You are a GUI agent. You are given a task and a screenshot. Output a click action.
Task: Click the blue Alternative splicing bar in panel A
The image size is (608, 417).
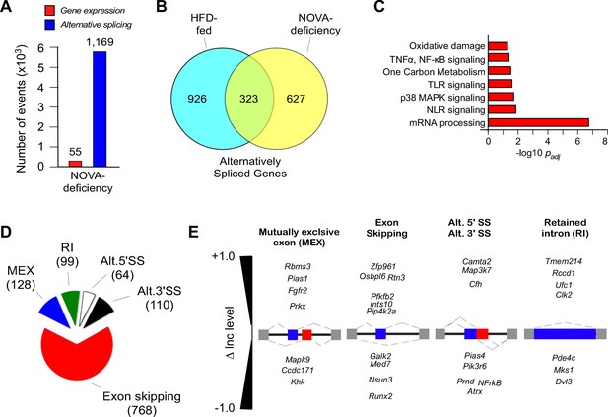(x=100, y=109)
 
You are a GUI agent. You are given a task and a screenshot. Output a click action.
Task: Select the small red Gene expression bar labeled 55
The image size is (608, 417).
(x=75, y=164)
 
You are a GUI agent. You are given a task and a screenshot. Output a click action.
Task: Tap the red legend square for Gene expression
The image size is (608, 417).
(x=51, y=11)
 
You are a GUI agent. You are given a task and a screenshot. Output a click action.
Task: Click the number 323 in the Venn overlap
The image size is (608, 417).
(x=248, y=99)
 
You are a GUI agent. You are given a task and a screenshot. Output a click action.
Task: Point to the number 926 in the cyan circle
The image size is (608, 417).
(x=197, y=99)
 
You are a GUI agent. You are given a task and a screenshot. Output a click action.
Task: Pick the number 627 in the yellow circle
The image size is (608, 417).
(x=296, y=99)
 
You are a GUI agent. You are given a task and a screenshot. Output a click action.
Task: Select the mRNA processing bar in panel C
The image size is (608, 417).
(x=538, y=123)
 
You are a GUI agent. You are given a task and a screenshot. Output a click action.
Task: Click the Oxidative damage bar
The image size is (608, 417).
(x=498, y=46)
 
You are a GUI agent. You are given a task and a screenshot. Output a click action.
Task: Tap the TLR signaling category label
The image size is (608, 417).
(x=456, y=85)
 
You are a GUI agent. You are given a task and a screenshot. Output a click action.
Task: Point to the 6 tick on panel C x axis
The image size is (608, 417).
(x=577, y=141)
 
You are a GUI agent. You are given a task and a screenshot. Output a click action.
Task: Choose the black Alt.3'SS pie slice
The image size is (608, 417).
(x=99, y=313)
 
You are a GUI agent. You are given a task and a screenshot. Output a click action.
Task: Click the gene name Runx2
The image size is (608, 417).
(x=380, y=396)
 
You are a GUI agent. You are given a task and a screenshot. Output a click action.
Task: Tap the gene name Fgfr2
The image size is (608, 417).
(x=298, y=290)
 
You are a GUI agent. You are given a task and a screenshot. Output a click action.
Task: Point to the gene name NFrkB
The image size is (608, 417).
(x=490, y=382)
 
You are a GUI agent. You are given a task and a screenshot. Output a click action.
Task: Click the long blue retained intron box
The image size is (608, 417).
(x=565, y=334)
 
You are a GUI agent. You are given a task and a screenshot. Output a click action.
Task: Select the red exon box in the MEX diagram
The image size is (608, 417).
(x=306, y=335)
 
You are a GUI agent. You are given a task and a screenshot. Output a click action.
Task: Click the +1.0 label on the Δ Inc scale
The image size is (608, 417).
(x=223, y=256)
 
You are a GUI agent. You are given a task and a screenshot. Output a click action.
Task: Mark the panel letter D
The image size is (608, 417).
(x=7, y=233)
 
